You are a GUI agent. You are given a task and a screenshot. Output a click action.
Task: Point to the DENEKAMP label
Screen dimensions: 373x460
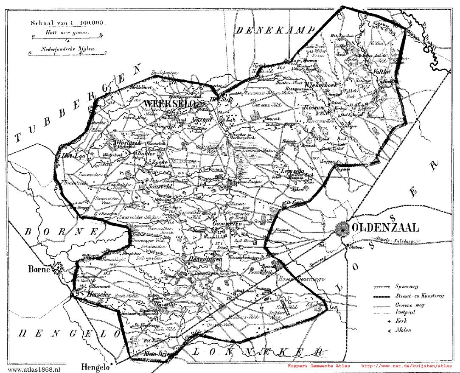point(276,31)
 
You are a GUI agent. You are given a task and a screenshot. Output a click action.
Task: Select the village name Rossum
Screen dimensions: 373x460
point(314,108)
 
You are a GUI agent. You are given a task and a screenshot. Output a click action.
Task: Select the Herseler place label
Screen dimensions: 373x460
point(98,294)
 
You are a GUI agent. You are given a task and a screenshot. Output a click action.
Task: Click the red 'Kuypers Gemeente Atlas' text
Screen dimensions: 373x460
point(319,365)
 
